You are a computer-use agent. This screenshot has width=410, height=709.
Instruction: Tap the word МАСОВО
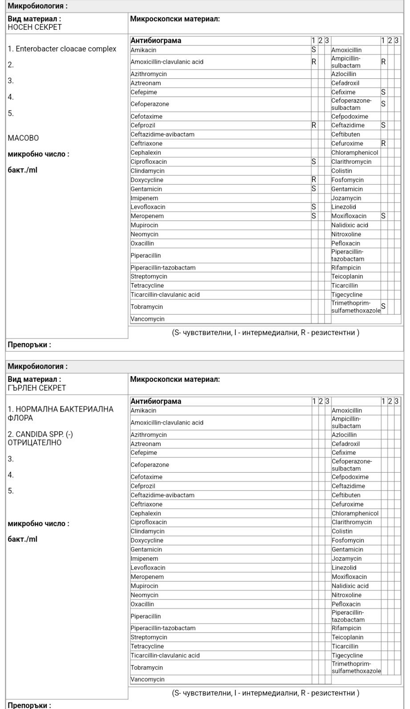tap(23, 138)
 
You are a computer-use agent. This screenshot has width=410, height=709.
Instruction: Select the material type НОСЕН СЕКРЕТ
tap(35, 27)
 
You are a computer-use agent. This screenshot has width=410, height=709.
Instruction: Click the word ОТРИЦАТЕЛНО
tap(35, 443)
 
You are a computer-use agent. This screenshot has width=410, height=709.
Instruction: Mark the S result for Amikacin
tap(314, 50)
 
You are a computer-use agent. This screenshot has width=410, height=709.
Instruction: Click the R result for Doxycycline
tap(314, 180)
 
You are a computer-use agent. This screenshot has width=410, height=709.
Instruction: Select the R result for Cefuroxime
tap(383, 143)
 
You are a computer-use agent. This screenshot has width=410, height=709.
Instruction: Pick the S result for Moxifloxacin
tap(383, 216)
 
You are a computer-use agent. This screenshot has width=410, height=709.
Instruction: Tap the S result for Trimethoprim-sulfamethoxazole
tap(383, 307)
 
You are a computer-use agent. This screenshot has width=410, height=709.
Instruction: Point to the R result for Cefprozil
tap(314, 125)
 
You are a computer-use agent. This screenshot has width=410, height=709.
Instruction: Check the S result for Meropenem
tap(314, 216)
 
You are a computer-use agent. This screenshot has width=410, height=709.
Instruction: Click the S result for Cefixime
tap(383, 92)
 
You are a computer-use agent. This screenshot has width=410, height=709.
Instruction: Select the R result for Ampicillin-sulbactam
tap(383, 62)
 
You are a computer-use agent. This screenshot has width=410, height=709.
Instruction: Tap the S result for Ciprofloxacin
tap(314, 162)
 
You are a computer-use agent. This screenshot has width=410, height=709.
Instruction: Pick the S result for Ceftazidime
tap(383, 125)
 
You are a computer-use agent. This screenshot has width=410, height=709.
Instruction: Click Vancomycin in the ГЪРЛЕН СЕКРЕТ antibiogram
tap(147, 680)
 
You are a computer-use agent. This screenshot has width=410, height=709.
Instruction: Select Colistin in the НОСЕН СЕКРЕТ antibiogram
tap(341, 170)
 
